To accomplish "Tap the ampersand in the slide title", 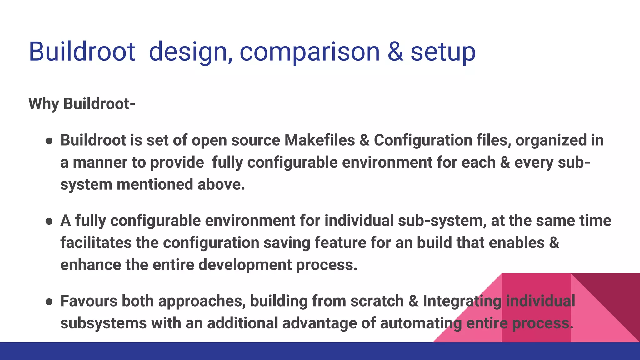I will tap(395, 52).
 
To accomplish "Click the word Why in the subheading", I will tap(43, 104).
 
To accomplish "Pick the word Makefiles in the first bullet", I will tap(319, 140).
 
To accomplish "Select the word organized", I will tap(551, 140).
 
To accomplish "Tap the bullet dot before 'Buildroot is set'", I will tap(49, 141).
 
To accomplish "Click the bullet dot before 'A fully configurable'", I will tap(49, 222).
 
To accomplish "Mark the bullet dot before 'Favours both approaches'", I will tap(49, 302).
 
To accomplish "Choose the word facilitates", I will tap(96, 243).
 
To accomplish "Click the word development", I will tap(245, 265).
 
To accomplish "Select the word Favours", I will tap(89, 301).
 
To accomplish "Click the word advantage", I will tap(319, 323).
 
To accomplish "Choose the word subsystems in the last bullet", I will tap(103, 323).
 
